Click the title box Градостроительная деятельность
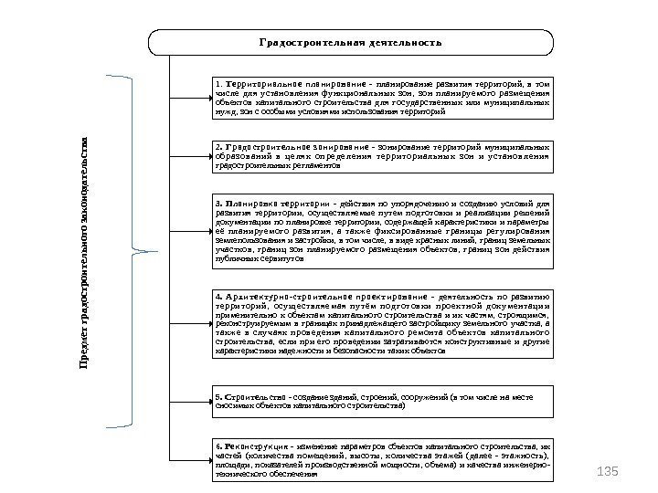350,43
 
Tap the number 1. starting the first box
217,84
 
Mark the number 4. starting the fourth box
217,297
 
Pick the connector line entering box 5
189,403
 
